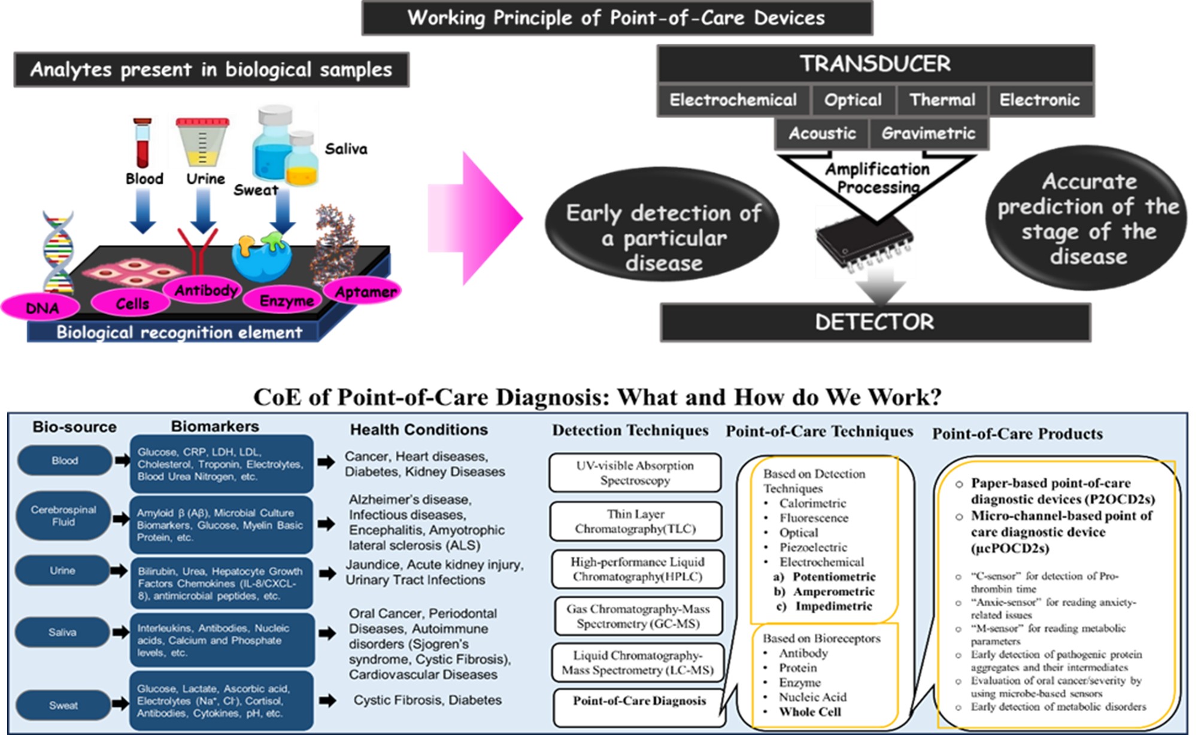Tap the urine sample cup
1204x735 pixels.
point(202,141)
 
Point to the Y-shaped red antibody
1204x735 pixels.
point(197,252)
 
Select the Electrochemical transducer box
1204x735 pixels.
point(733,100)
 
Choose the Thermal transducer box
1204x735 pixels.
point(942,100)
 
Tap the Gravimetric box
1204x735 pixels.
point(928,133)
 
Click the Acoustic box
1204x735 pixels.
point(821,133)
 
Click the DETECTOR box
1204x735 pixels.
point(875,323)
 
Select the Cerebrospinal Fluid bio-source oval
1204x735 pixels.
point(63,516)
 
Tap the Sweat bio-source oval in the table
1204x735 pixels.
point(63,706)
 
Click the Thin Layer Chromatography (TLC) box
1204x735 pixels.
point(635,521)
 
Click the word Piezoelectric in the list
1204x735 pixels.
point(813,547)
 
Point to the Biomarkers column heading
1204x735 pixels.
point(215,426)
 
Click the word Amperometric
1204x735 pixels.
point(833,591)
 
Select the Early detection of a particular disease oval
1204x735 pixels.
point(662,238)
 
